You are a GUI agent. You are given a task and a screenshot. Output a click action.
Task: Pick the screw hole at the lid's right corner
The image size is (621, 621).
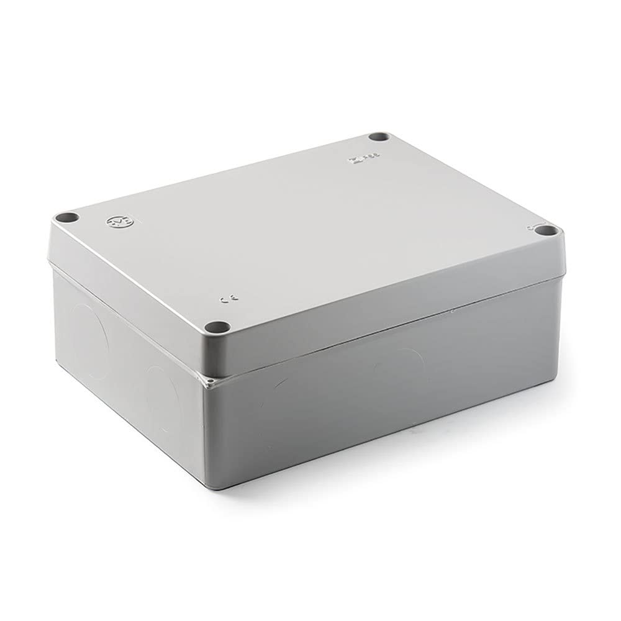[x=546, y=231]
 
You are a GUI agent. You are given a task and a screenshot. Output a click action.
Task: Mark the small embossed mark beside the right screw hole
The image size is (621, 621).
[x=531, y=227]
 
